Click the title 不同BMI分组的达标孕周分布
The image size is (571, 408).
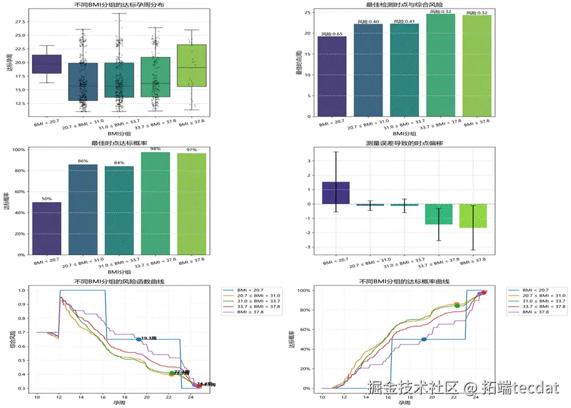pos(120,5)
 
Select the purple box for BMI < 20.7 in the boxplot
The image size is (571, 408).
pos(47,64)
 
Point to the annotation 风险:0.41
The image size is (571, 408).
pos(405,21)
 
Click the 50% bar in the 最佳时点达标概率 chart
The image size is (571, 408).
pos(47,228)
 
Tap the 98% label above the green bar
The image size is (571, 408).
pos(155,148)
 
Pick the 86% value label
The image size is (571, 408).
pos(83,161)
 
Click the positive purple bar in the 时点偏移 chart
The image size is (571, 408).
pos(336,193)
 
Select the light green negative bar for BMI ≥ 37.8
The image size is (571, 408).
pos(473,216)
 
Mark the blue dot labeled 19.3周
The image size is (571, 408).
pos(138,339)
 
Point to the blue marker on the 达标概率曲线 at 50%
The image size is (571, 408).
pos(424,339)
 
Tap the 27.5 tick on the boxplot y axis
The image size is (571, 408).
pos(19,21)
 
